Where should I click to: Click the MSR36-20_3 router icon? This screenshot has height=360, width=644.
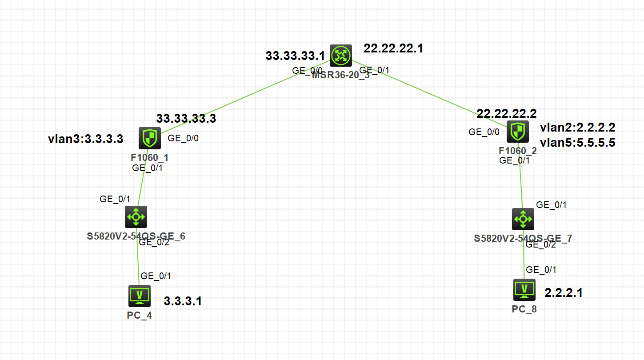(x=341, y=56)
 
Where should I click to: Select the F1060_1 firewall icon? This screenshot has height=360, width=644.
(x=149, y=138)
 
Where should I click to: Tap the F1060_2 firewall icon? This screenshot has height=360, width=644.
(x=517, y=131)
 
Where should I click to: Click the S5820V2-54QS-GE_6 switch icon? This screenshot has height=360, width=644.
(x=136, y=217)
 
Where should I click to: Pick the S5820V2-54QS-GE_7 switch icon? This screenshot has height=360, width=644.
(x=523, y=219)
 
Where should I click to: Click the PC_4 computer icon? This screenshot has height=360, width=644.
(x=140, y=296)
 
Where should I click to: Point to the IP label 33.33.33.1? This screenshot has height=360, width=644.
(x=296, y=56)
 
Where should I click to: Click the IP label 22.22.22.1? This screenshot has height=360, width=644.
(x=393, y=48)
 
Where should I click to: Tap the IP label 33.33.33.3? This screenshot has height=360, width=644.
(x=186, y=118)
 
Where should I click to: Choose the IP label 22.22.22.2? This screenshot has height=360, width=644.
(x=507, y=113)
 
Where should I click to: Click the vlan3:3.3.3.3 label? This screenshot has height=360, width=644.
(x=85, y=139)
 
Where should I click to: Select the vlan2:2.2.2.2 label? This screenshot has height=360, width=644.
(x=577, y=128)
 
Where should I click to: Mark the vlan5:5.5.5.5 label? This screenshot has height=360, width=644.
(x=577, y=143)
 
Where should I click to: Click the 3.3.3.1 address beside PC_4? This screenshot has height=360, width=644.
(x=183, y=301)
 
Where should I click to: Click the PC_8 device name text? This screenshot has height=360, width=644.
(x=524, y=309)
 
